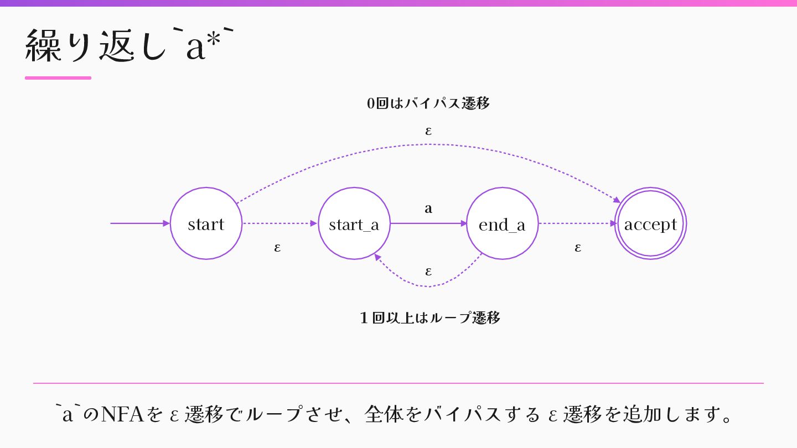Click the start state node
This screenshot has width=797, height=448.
(x=206, y=223)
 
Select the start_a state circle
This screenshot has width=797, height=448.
(x=354, y=223)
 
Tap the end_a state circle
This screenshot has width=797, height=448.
(x=502, y=223)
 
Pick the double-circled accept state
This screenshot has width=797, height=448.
(x=650, y=223)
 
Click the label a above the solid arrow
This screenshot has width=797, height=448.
(x=428, y=209)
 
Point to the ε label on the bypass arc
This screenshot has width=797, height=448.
(x=428, y=131)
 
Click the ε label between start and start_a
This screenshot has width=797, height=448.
(x=277, y=247)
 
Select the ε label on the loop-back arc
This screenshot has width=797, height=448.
(x=428, y=272)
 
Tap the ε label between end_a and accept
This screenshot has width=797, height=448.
(x=578, y=247)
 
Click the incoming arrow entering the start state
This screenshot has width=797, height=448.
(x=138, y=223)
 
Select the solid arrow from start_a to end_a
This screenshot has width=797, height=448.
(x=426, y=223)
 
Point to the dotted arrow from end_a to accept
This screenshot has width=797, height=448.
(x=576, y=223)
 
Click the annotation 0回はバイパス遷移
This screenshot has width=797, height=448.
(x=428, y=103)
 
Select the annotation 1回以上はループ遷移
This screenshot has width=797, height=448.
(x=429, y=318)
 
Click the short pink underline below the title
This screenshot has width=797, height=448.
(x=58, y=78)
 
